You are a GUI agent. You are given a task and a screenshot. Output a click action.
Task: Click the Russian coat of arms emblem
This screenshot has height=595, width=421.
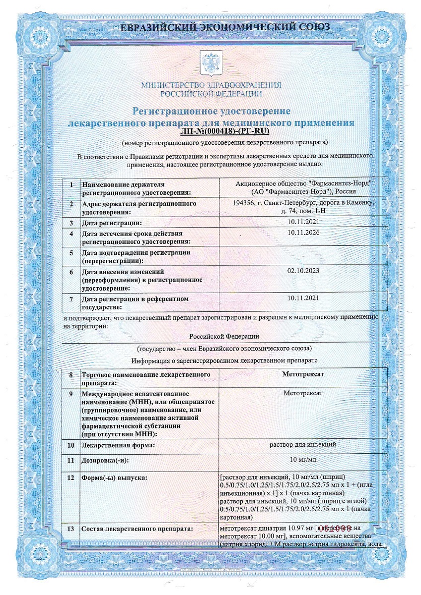coord(210,62)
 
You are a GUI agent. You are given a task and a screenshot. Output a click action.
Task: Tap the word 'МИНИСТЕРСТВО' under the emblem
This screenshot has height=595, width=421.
coord(171,85)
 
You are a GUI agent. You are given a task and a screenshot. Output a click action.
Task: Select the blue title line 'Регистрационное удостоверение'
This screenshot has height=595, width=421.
coord(210,111)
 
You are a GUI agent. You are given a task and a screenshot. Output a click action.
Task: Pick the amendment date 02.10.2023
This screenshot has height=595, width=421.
coord(303,270)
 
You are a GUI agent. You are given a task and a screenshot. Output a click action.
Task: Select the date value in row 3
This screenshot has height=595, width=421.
coord(303,222)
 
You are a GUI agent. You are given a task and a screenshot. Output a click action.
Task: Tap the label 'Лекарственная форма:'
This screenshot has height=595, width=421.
coord(118,445)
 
